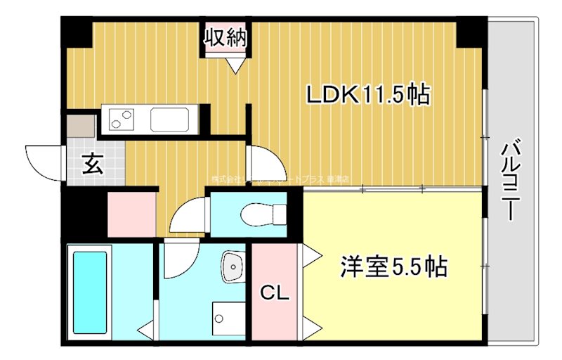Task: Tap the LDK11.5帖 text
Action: click(367, 94)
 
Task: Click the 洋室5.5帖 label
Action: click(393, 266)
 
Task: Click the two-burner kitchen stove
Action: click(122, 119)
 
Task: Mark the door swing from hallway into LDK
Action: click(266, 163)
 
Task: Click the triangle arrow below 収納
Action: click(235, 65)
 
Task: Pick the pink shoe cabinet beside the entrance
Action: click(131, 214)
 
